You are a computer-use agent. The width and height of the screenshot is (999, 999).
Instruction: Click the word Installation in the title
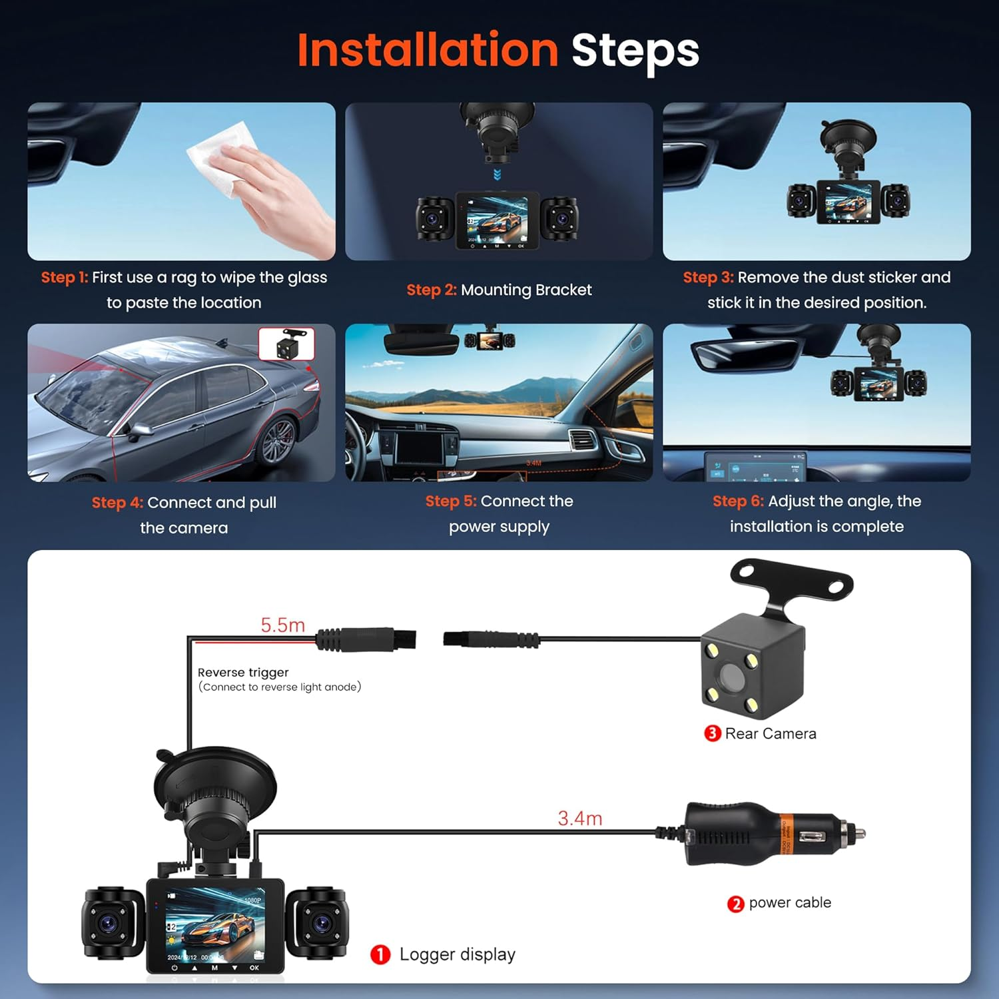point(428,51)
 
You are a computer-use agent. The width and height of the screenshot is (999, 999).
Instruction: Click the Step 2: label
point(432,290)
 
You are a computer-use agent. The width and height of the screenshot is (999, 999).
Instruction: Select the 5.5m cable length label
point(282,625)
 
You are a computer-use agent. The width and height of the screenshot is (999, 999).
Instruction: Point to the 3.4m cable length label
point(579,818)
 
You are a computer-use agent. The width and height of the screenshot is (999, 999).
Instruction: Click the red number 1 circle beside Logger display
point(380,954)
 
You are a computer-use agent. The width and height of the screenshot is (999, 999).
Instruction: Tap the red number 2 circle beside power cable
point(735,904)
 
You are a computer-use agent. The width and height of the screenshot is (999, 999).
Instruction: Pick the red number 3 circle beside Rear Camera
point(712,733)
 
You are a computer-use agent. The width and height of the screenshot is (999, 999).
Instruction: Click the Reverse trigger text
point(243,673)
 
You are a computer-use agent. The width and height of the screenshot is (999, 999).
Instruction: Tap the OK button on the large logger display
point(254,968)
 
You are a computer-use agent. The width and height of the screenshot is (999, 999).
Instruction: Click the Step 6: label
point(738,501)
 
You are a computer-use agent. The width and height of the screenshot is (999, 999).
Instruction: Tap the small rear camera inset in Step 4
point(286,344)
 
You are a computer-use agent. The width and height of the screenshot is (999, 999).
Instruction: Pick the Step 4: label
point(117,502)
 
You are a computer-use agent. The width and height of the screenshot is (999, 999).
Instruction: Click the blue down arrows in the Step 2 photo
point(497,174)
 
